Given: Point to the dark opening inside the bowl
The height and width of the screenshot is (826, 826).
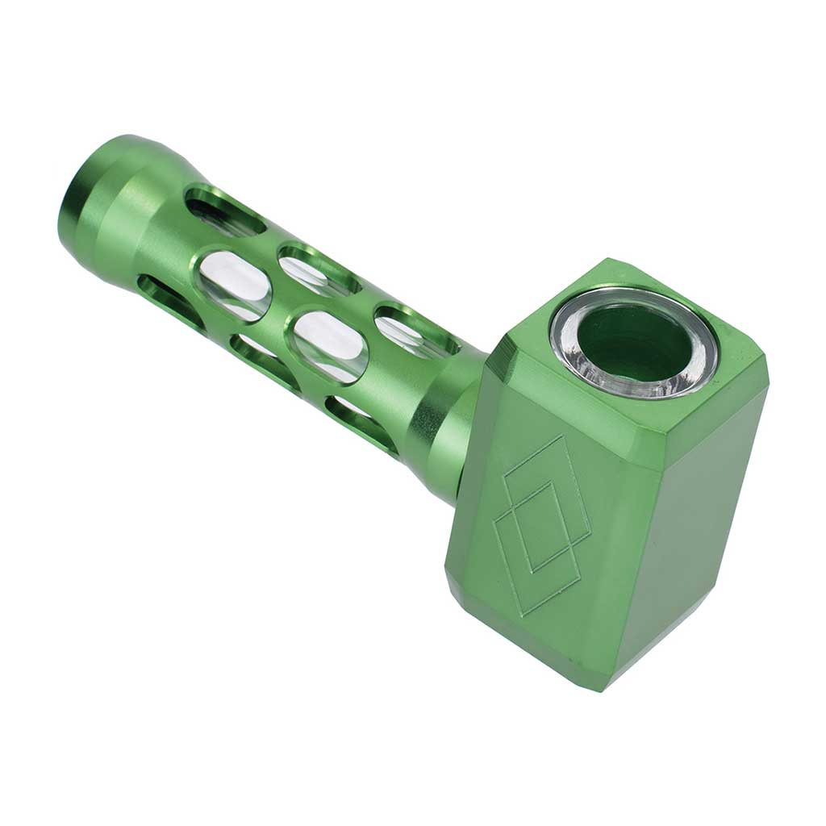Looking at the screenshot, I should tap(633, 343).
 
